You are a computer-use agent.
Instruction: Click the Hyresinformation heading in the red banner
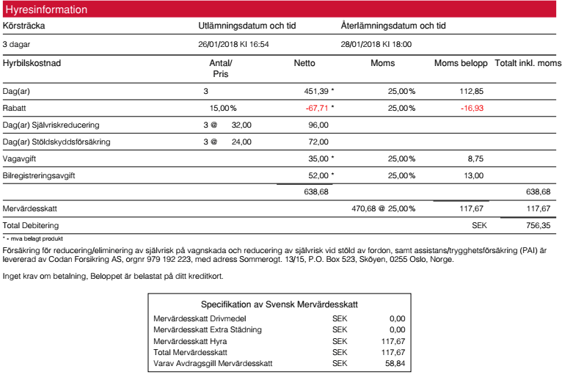(x=46, y=10)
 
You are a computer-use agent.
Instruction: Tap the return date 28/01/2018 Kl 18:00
(x=376, y=44)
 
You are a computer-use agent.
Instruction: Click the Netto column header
(x=304, y=63)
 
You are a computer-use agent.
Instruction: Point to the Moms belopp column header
(x=461, y=63)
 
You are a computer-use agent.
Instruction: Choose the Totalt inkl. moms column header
(x=528, y=63)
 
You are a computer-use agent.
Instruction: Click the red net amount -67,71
(x=316, y=108)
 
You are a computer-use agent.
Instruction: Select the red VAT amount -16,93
(x=472, y=108)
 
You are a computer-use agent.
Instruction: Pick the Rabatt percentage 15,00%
(x=223, y=108)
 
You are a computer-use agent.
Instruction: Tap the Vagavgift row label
(x=23, y=158)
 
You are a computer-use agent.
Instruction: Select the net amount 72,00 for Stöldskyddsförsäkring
(x=318, y=142)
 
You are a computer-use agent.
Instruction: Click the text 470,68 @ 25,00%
(x=384, y=208)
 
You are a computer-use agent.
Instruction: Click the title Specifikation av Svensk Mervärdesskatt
(x=279, y=304)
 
